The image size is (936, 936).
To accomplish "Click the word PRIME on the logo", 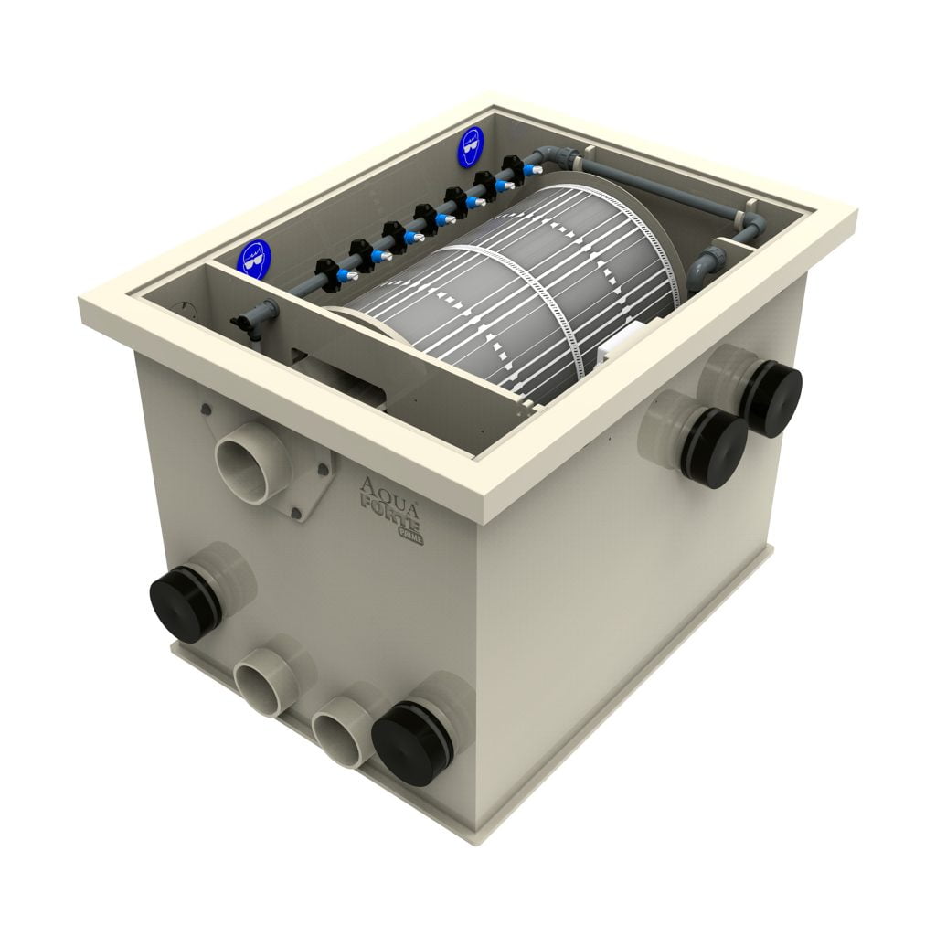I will coord(409,537).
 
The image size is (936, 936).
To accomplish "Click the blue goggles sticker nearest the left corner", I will coord(253,255).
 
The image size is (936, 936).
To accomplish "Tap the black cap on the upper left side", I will coord(185,601).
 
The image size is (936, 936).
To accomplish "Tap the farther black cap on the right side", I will coord(771,399).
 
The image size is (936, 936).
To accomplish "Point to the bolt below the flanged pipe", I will coord(295,515).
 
